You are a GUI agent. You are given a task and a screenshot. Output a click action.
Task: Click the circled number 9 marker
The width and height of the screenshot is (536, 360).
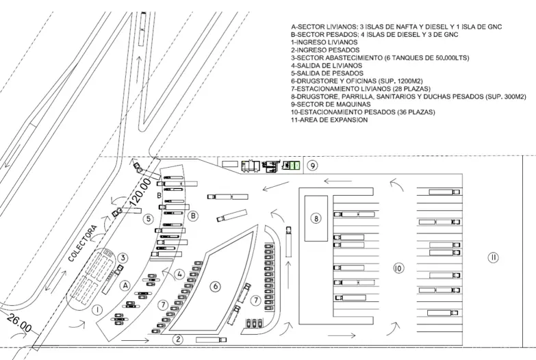pos(312,165)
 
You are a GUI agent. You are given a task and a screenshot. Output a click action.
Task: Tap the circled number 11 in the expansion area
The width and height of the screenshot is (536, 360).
pos(493,257)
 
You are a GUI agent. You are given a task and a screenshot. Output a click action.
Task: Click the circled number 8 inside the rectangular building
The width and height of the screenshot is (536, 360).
pos(316,218)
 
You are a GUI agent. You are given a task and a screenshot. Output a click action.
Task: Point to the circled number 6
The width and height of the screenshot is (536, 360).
pos(214,287)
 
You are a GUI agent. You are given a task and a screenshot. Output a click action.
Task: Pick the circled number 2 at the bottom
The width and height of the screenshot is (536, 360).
pos(178,339)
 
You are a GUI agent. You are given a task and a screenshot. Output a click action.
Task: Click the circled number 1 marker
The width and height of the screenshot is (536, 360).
pos(98,309)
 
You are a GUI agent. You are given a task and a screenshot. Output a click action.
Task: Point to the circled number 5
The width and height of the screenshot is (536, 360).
pos(148,219)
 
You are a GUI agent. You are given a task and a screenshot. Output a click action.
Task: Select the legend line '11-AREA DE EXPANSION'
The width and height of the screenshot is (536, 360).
pos(329,120)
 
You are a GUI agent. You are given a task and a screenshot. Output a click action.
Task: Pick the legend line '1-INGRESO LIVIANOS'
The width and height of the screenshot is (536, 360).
pos(323,42)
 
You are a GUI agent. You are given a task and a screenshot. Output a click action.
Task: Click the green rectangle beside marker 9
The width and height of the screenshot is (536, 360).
pos(293,166)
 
